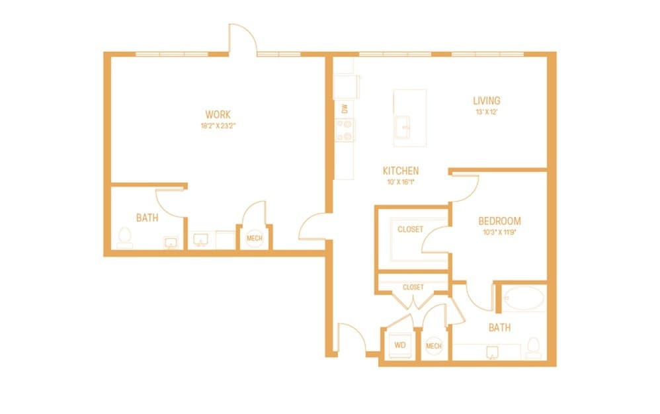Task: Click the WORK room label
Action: coord(218,114)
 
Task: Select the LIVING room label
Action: coord(486,101)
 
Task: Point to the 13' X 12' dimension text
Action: coord(486,112)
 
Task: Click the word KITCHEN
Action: coord(400,171)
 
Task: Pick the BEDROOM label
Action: coord(499,221)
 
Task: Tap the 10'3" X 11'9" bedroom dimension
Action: coord(499,231)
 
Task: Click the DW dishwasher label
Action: coord(345,108)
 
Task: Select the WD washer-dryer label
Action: coord(400,345)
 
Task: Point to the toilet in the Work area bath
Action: coord(124,237)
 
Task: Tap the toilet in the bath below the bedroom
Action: coord(533,347)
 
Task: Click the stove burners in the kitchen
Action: coord(345,130)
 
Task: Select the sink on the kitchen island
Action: coord(403,125)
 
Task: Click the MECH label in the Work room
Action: coord(254,238)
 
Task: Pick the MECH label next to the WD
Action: coord(434,346)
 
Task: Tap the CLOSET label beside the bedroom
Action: coord(410,229)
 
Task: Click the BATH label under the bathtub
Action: coord(499,327)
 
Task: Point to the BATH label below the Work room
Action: coord(147,218)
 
